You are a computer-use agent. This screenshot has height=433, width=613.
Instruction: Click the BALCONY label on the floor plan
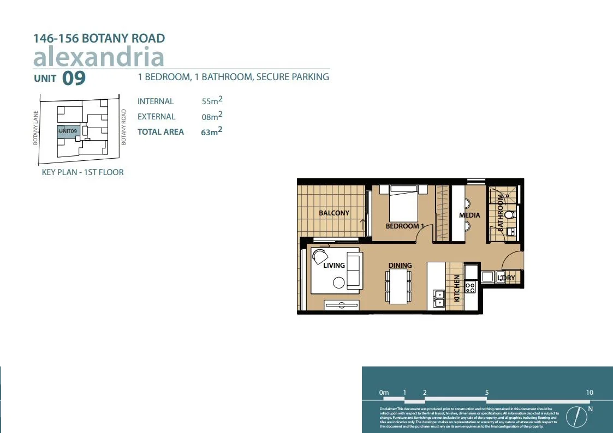(334, 213)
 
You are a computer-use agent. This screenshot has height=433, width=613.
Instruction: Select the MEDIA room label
(469, 215)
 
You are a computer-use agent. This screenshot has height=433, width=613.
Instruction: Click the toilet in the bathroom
(510, 215)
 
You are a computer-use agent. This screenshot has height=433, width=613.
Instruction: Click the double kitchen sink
(439, 298)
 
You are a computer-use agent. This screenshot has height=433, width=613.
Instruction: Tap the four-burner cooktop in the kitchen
(470, 287)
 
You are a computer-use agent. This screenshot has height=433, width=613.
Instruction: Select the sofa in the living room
(354, 270)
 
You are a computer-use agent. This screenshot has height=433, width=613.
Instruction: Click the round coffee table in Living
(339, 282)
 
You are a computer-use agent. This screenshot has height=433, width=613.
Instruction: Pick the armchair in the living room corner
(319, 256)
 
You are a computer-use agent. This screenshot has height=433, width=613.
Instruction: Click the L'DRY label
(506, 278)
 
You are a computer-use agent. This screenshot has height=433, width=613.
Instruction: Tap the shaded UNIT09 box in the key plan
(69, 131)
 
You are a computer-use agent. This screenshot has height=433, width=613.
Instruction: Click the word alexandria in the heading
(99, 57)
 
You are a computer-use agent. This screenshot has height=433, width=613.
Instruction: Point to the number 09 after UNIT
(74, 79)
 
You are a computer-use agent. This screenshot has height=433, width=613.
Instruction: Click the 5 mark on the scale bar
(486, 393)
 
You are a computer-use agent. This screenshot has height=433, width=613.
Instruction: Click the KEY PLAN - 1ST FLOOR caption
(83, 172)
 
